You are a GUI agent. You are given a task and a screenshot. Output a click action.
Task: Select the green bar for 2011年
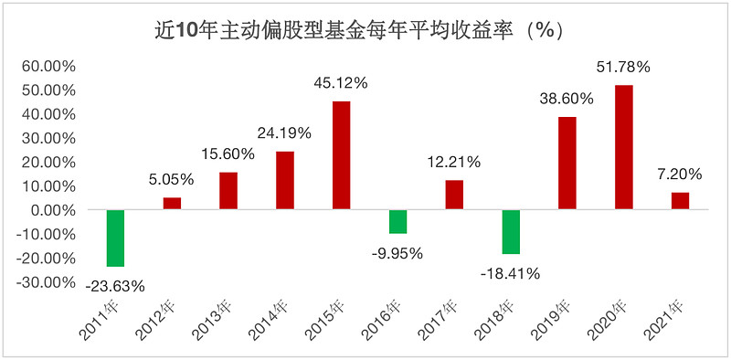tap(115, 238)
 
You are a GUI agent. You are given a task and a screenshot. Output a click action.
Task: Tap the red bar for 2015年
tap(341, 155)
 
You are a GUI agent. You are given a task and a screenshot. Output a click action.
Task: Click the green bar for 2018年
tap(511, 231)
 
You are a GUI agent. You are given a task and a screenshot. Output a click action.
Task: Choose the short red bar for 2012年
tap(172, 204)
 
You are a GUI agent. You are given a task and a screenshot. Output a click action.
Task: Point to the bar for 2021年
tap(680, 201)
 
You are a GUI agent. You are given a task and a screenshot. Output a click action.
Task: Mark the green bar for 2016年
tap(397, 222)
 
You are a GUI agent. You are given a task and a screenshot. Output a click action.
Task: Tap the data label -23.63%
tap(115, 285)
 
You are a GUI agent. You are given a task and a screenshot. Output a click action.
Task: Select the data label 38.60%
tap(566, 98)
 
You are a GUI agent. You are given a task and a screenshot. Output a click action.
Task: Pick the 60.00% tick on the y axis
tap(46, 67)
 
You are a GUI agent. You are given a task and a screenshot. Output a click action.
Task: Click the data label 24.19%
tap(284, 132)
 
